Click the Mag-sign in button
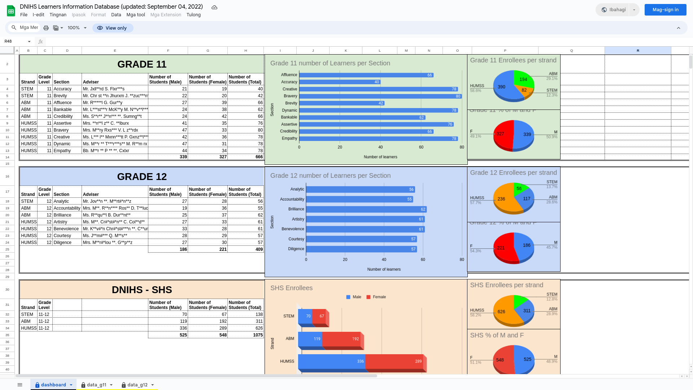[665, 10]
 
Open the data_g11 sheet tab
[96, 385]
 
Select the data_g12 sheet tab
[137, 385]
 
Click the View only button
[113, 28]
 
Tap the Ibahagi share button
[614, 10]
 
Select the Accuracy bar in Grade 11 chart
[339, 82]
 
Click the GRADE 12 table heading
[142, 177]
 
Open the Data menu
[116, 15]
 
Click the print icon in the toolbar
[46, 28]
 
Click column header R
[638, 51]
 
